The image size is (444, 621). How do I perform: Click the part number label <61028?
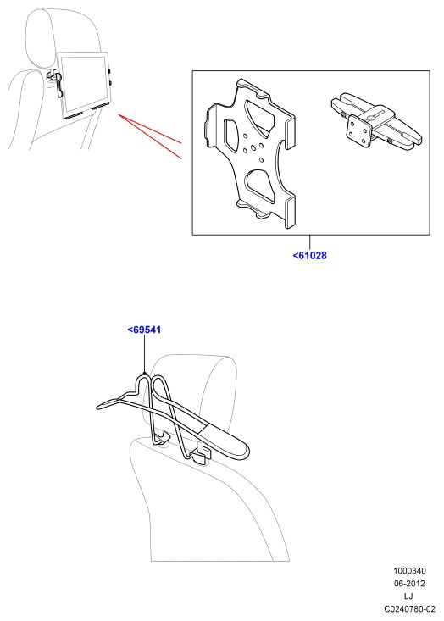click(310, 256)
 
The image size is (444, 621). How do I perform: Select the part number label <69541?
click(144, 330)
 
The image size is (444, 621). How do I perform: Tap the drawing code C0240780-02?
click(409, 609)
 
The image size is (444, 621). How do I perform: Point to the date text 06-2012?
click(409, 584)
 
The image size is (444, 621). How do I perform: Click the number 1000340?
click(409, 571)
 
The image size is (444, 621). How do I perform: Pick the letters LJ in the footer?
click(408, 596)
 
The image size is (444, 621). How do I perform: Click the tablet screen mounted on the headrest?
click(84, 84)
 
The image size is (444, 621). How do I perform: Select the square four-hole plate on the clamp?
click(359, 130)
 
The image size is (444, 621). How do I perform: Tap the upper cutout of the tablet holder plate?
click(260, 114)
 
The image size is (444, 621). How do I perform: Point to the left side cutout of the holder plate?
click(232, 134)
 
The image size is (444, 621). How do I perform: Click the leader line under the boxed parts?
click(310, 242)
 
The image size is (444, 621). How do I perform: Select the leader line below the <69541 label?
click(145, 354)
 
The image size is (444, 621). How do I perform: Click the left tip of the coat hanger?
click(99, 407)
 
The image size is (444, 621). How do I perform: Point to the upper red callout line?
click(150, 128)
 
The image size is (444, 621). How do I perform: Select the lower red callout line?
click(150, 136)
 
